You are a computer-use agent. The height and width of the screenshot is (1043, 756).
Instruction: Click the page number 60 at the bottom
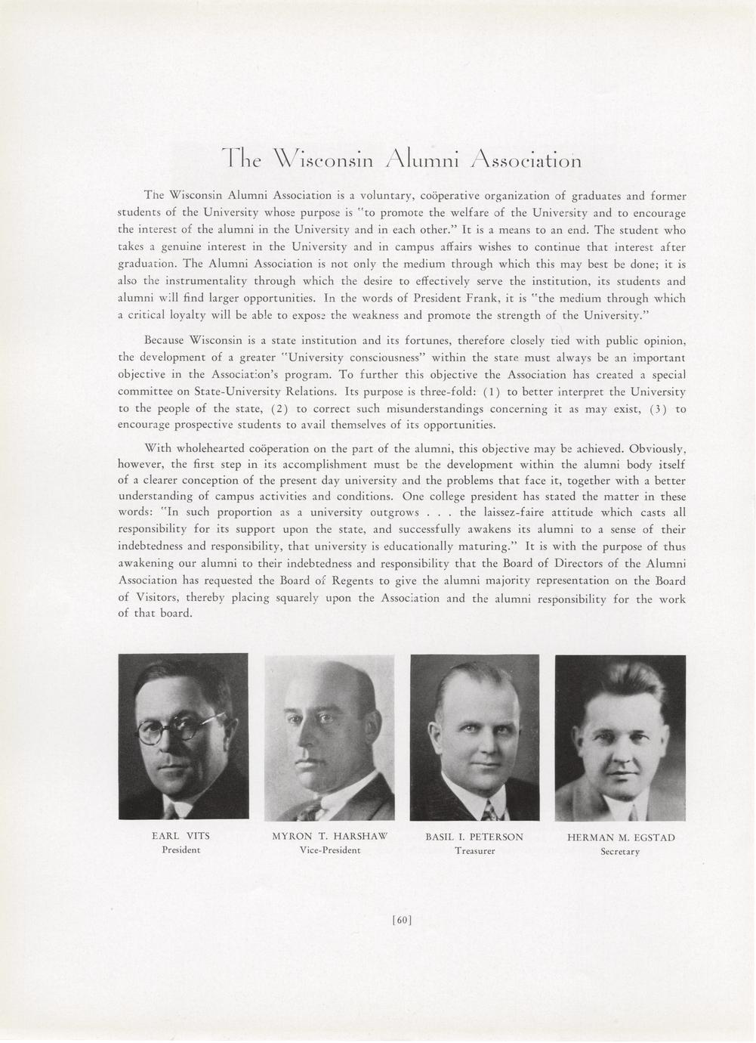click(402, 920)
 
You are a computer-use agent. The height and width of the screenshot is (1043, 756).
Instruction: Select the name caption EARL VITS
click(181, 836)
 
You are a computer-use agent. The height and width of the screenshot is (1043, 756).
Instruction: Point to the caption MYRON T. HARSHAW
click(329, 837)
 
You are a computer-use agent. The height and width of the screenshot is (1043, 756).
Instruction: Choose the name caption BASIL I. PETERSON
click(474, 837)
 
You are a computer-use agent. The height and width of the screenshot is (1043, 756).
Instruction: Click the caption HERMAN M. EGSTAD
click(621, 837)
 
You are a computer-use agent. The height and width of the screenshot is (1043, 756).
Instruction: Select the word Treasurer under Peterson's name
click(474, 851)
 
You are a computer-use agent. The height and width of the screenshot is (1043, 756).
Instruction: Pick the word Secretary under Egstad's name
click(620, 852)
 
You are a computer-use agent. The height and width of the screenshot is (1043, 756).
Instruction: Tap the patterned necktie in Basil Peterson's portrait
click(489, 811)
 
